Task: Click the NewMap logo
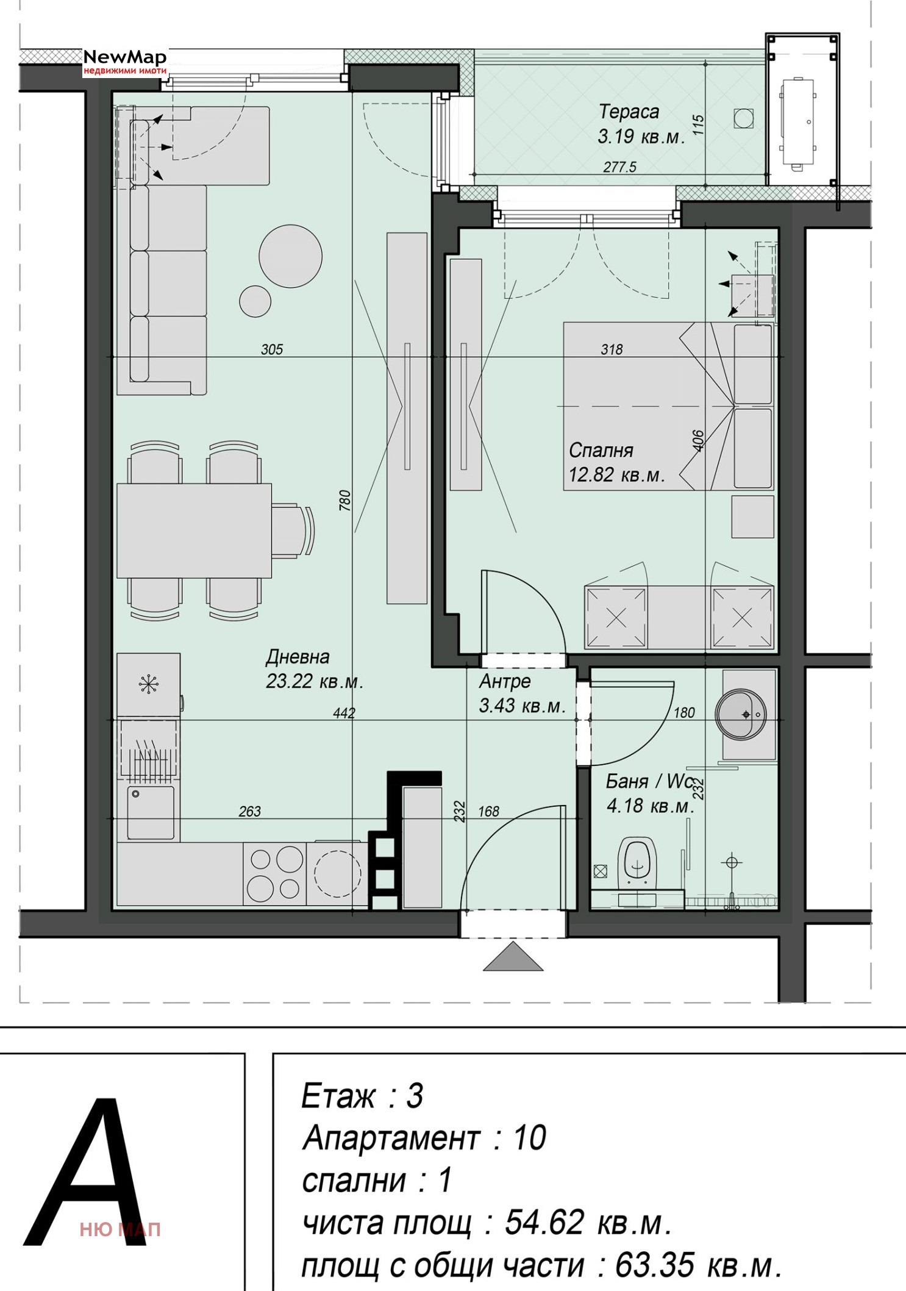[125, 62]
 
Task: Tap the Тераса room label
[629, 112]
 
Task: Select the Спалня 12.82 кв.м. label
[616, 462]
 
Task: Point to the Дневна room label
[298, 657]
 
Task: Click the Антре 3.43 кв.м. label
[523, 693]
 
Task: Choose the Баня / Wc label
[650, 781]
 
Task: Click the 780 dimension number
[345, 500]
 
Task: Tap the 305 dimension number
[272, 349]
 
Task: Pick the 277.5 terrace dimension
[620, 166]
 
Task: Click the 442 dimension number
[344, 713]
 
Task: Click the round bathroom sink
[741, 714]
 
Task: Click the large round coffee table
[290, 256]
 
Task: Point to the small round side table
[255, 301]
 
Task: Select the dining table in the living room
[194, 531]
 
